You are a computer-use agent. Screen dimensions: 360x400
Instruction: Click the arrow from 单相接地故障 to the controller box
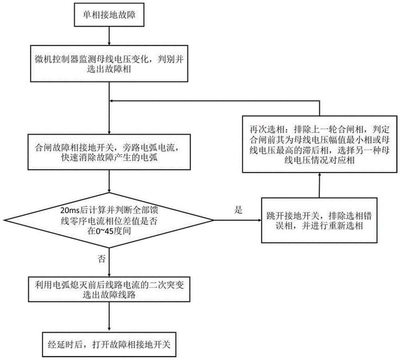pyautogui.click(x=109, y=36)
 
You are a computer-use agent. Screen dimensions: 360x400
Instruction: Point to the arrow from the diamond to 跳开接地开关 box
pyautogui.click(x=238, y=219)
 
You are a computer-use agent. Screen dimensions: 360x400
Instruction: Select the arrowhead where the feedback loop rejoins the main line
pyautogui.click(x=112, y=101)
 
